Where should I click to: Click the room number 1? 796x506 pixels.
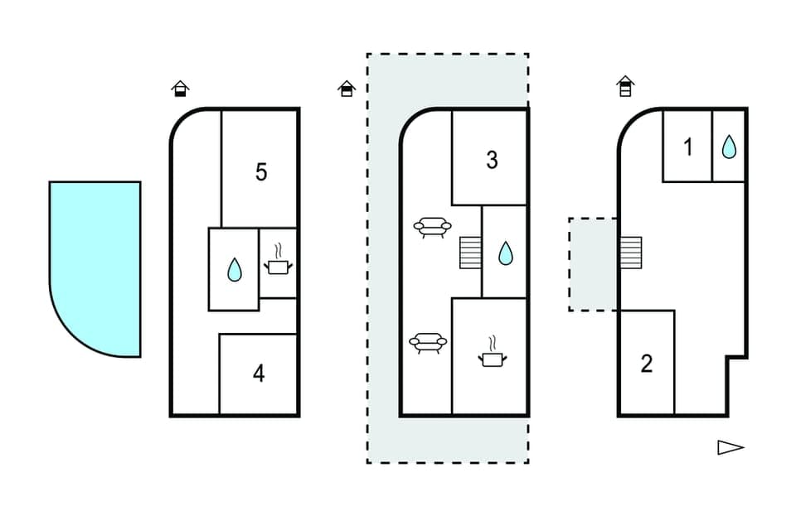(x=687, y=147)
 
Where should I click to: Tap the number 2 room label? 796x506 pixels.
(x=647, y=363)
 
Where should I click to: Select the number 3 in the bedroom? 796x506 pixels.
(x=492, y=160)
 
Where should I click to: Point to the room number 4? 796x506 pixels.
(x=259, y=373)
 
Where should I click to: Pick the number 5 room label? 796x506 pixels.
(x=261, y=172)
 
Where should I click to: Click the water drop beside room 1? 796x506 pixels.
(x=729, y=147)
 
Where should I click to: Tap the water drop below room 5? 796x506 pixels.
(x=234, y=269)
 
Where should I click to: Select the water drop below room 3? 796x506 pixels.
(x=505, y=253)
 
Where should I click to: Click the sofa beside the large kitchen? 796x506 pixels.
(x=429, y=343)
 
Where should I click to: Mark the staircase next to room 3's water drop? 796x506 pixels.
(x=470, y=252)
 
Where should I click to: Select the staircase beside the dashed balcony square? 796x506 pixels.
(x=630, y=252)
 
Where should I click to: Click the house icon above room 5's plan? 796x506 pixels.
(x=180, y=88)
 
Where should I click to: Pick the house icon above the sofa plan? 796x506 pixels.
(x=347, y=88)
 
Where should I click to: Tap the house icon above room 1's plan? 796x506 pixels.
(x=625, y=85)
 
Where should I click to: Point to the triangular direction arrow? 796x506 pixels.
(x=730, y=447)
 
